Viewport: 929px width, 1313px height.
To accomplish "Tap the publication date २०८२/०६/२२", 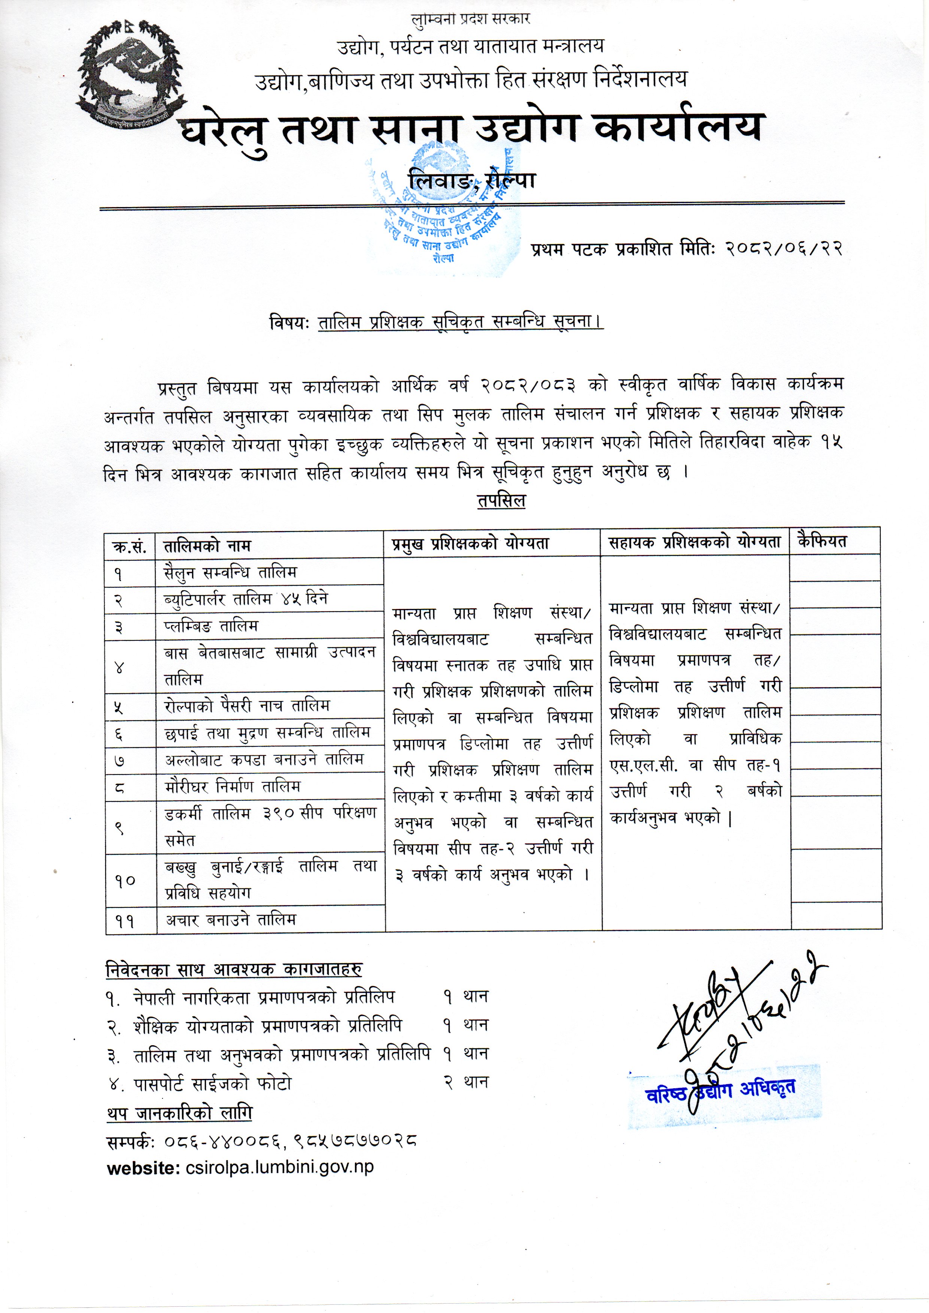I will pyautogui.click(x=784, y=249).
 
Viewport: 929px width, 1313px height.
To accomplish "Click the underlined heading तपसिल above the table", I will pyautogui.click(x=501, y=501).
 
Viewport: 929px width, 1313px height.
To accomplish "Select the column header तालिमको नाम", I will pyautogui.click(x=207, y=546).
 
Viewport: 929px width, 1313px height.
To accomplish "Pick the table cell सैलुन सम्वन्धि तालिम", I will pyautogui.click(x=230, y=573).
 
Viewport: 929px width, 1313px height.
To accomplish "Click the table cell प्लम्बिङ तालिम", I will pyautogui.click(x=211, y=626).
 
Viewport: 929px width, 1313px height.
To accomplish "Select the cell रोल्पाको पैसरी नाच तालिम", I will pyautogui.click(x=247, y=706).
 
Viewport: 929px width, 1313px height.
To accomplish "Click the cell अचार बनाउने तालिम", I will pyautogui.click(x=231, y=920).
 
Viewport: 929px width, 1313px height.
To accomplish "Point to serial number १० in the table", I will pyautogui.click(x=124, y=880).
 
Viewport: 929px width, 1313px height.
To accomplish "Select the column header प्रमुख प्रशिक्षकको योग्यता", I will pyautogui.click(x=470, y=543).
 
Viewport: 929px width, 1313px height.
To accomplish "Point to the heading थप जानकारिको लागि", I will pyautogui.click(x=179, y=1113).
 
